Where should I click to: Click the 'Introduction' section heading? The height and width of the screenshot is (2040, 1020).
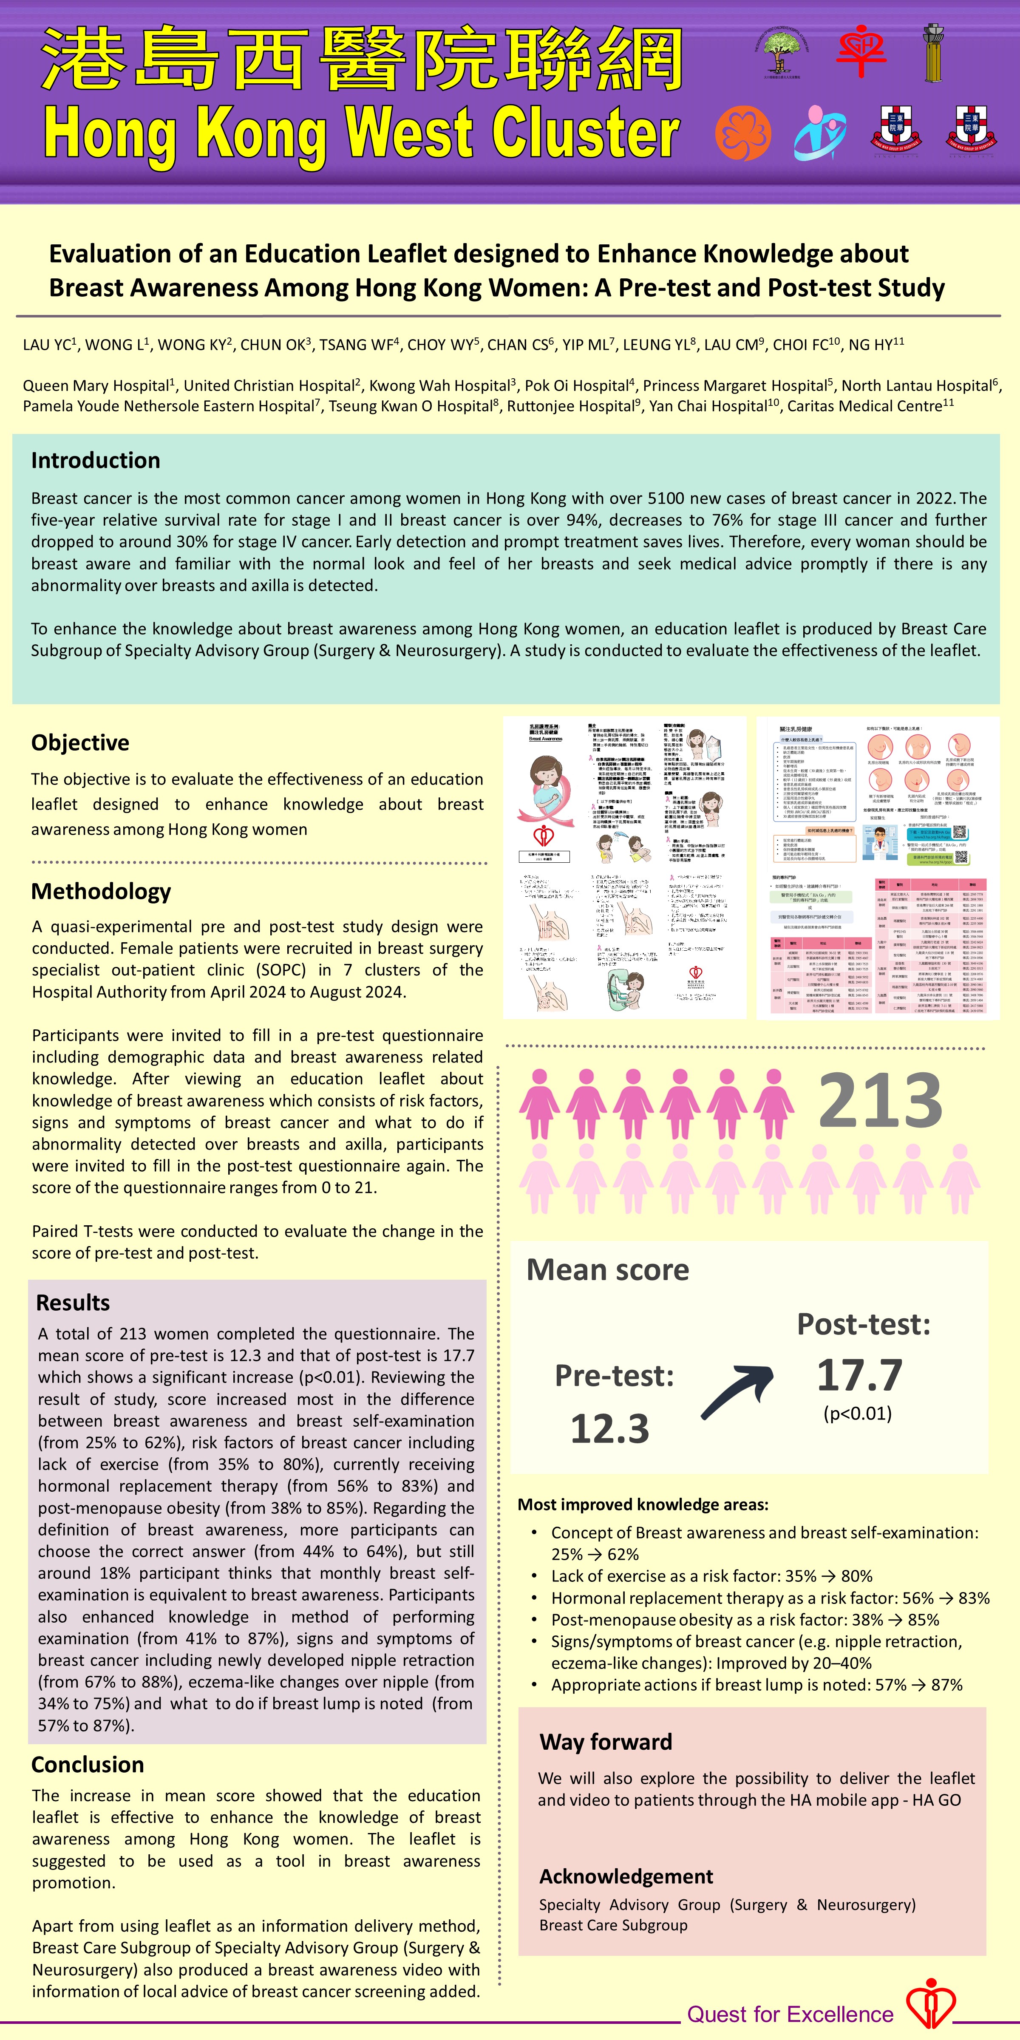(x=95, y=460)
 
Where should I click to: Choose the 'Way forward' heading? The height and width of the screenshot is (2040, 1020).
(x=605, y=1742)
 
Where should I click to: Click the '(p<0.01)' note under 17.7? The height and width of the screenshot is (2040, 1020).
(x=858, y=1414)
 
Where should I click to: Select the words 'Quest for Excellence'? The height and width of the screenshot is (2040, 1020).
(x=790, y=2014)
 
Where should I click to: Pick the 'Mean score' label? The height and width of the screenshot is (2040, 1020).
(x=607, y=1269)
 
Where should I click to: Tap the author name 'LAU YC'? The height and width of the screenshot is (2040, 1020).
(x=47, y=345)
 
